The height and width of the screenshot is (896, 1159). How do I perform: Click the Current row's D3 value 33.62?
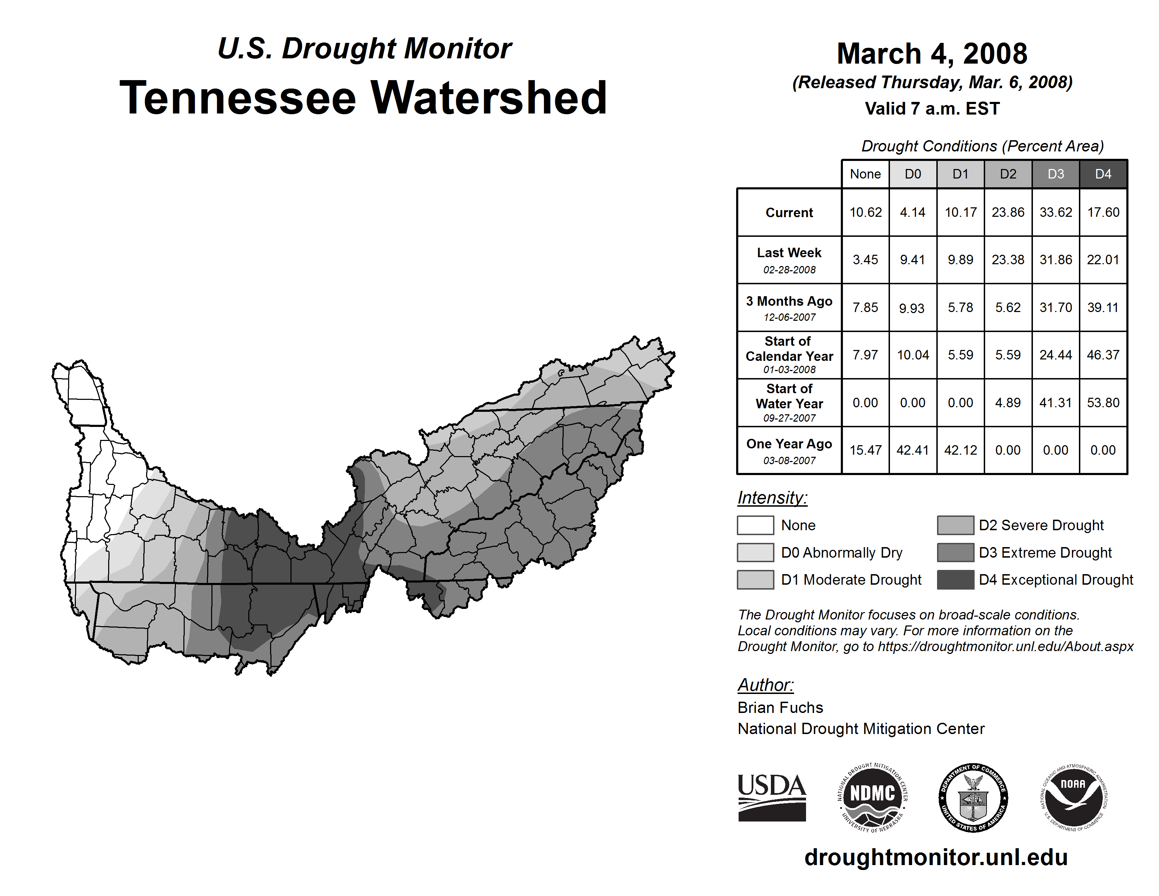(1055, 212)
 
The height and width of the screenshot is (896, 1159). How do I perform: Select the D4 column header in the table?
(1103, 174)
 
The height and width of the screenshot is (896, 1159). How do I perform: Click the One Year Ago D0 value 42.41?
(913, 450)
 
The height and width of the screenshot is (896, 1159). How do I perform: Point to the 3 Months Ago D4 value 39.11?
(1103, 307)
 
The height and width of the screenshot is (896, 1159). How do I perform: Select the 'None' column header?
(865, 174)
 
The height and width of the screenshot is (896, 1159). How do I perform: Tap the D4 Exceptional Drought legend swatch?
(955, 580)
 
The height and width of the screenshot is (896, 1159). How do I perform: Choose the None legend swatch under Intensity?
(755, 525)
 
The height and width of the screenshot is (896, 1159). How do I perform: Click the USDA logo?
(772, 797)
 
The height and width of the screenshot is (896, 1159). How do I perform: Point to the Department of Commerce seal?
(973, 797)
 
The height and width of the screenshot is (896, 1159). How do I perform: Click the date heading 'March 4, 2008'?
(932, 54)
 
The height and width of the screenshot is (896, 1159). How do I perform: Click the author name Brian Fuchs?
(780, 708)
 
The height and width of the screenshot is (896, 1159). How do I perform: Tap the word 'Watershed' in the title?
(488, 98)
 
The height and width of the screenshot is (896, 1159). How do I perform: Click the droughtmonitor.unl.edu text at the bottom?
(936, 857)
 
